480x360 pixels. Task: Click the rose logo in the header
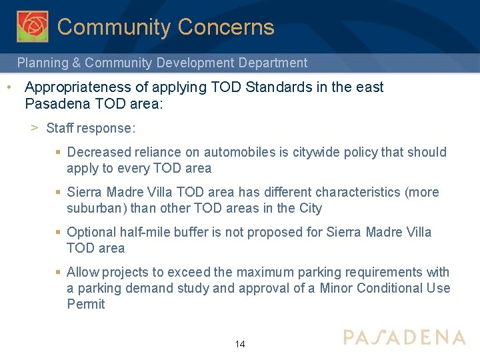pyautogui.click(x=33, y=27)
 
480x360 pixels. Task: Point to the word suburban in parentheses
pyautogui.click(x=97, y=208)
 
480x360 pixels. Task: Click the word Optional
pyautogui.click(x=92, y=232)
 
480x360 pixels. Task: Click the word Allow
pyautogui.click(x=83, y=272)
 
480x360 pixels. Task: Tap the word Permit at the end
pyautogui.click(x=86, y=304)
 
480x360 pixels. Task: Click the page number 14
pyautogui.click(x=240, y=344)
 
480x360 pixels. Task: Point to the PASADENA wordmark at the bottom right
pyautogui.click(x=404, y=337)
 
